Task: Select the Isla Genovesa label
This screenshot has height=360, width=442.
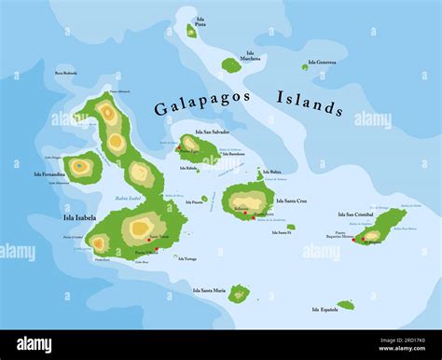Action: (x=325, y=62)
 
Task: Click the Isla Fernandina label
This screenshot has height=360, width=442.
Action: (x=50, y=174)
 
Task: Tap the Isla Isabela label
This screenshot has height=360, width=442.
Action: (x=79, y=218)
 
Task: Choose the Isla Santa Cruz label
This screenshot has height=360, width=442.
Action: (x=291, y=201)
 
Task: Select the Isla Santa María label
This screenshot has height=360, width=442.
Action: (x=209, y=290)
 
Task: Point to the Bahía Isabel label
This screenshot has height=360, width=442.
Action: (x=128, y=198)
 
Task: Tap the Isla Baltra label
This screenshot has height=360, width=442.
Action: (x=272, y=172)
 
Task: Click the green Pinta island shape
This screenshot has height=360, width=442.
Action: (x=191, y=32)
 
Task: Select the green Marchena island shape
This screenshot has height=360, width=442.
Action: (x=230, y=64)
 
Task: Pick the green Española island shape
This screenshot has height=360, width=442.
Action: (x=346, y=305)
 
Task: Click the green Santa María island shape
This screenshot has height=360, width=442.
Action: (x=239, y=293)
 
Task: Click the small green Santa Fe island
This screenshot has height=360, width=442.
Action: (x=290, y=227)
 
